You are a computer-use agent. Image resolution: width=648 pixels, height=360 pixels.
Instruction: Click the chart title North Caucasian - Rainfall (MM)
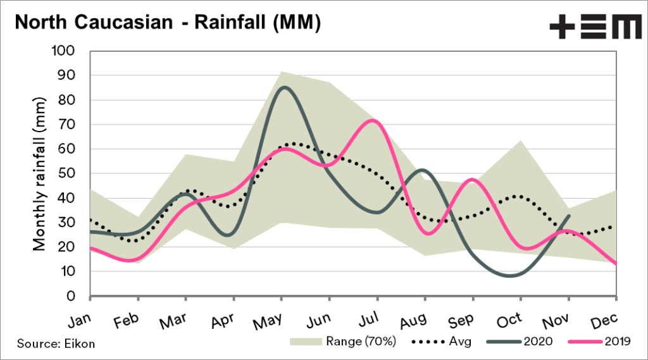167,23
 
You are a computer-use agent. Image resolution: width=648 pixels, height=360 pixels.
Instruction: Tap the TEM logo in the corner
594,27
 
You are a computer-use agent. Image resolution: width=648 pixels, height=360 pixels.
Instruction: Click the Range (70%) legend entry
343,342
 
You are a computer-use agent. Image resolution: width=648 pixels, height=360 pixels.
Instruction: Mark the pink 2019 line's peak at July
375,120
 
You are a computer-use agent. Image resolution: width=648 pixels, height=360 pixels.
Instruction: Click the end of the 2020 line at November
570,216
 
